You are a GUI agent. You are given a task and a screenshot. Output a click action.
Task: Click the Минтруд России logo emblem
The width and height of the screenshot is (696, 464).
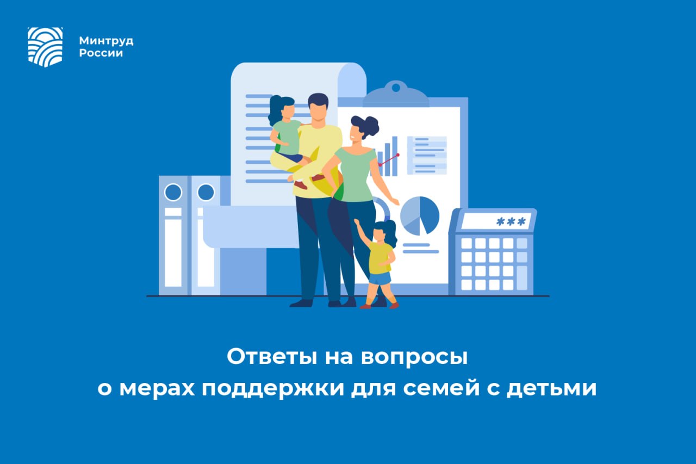(45, 47)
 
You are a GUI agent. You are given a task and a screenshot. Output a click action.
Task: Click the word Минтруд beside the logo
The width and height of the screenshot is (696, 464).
(106, 41)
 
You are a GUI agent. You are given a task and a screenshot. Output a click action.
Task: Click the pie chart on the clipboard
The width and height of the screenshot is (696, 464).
(420, 215)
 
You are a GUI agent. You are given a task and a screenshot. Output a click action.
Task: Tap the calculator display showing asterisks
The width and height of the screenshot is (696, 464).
(495, 221)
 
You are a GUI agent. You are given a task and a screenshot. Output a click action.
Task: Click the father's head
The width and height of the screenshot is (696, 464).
(318, 108)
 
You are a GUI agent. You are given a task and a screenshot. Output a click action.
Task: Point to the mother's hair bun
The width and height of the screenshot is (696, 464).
(372, 126)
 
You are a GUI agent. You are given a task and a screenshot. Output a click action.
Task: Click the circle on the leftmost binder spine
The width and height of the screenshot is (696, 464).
(173, 192)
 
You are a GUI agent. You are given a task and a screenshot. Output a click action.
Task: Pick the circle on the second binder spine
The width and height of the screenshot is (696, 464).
(206, 192)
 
